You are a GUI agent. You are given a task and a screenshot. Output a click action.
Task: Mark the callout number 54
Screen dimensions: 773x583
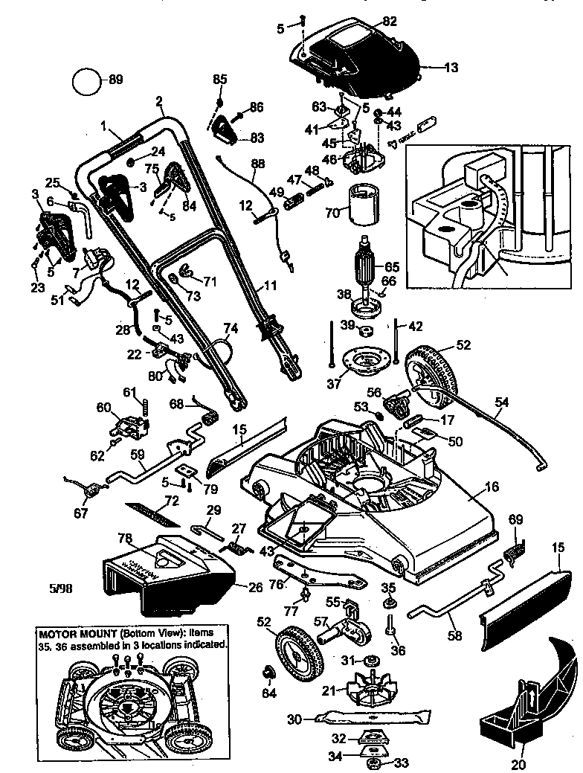(502, 402)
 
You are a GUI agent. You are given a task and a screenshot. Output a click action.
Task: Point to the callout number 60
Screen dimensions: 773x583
(104, 407)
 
